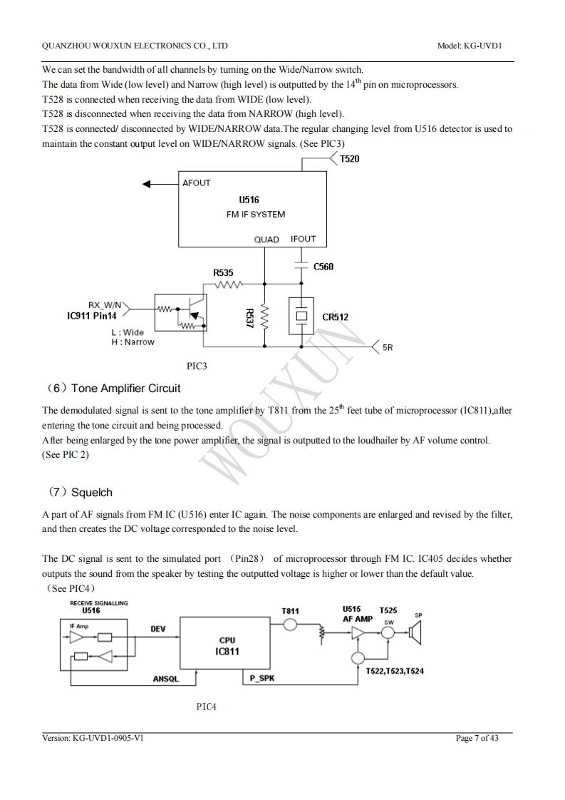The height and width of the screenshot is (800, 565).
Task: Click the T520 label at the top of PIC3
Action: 349,159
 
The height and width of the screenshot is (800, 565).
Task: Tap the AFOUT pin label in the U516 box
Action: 196,183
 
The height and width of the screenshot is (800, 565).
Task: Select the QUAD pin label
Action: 266,240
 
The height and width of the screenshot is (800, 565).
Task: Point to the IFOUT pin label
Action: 303,239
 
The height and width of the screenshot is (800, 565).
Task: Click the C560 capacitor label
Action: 323,267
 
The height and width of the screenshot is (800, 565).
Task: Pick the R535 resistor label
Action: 223,272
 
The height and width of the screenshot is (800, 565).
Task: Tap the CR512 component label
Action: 335,317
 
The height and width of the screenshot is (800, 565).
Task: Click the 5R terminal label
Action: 388,348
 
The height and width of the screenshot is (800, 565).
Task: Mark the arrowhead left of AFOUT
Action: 148,183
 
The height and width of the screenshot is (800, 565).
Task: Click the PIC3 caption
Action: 197,366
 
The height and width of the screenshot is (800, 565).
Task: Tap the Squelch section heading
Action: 91,493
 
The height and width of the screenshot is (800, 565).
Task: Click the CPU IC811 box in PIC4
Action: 226,646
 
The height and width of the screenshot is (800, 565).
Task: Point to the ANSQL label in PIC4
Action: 165,680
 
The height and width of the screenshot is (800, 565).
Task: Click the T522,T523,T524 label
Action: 394,671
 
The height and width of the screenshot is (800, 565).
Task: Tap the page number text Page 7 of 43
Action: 477,738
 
